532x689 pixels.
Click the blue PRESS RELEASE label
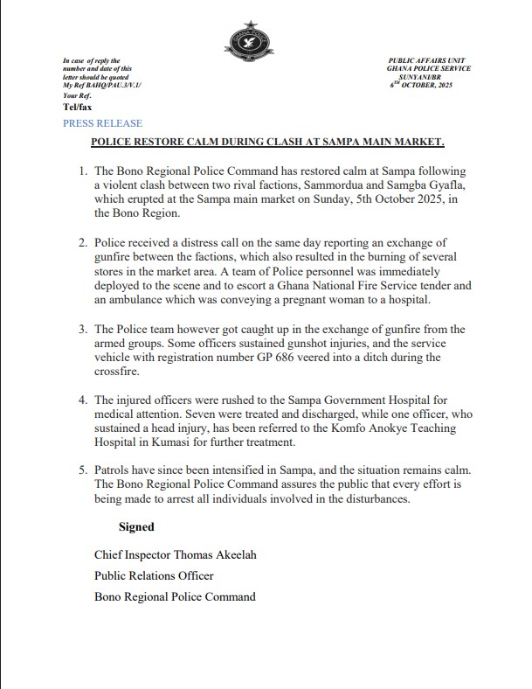coord(102,124)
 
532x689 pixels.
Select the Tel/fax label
coord(77,107)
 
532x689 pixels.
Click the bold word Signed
coord(136,527)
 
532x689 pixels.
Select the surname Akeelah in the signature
coord(221,554)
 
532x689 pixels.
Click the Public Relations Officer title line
coord(154,575)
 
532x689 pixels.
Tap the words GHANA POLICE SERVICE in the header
coord(429,68)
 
